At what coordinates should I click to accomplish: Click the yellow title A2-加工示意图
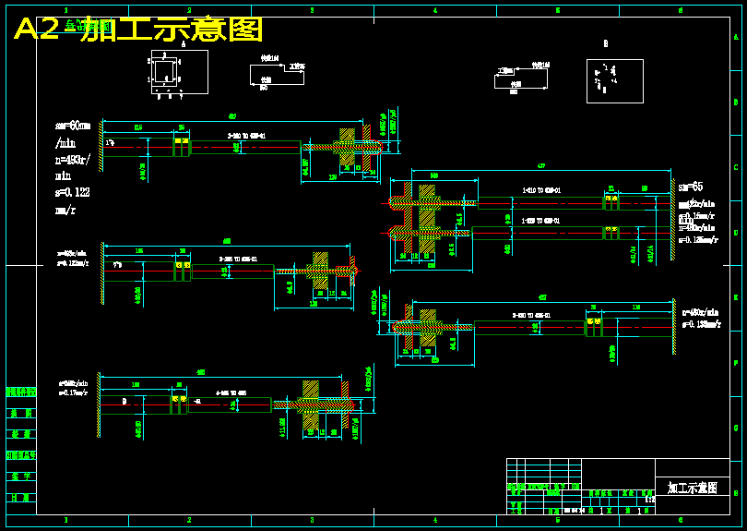click(138, 30)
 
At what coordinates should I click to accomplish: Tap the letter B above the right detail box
click(606, 43)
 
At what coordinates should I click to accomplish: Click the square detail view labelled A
click(166, 71)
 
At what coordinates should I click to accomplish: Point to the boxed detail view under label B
click(614, 81)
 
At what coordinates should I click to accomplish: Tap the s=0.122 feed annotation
click(73, 193)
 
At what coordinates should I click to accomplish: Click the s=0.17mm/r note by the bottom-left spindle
click(74, 392)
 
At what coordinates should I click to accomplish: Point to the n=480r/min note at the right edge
click(700, 312)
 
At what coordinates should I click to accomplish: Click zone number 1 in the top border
click(66, 10)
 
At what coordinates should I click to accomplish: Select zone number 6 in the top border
click(680, 10)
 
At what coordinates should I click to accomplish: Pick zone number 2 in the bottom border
click(189, 521)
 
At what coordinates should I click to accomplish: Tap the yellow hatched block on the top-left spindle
click(348, 146)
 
